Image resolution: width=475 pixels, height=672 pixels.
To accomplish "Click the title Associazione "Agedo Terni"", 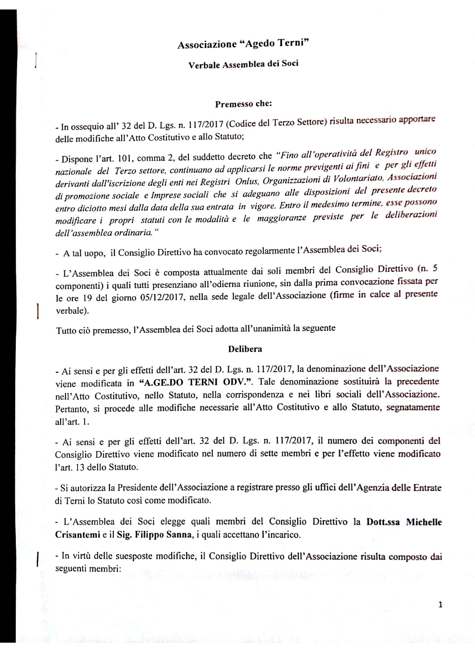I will tap(243, 44).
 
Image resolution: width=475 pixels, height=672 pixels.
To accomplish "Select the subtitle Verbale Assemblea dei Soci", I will tap(243, 64).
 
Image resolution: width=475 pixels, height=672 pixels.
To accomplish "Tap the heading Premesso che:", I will tap(243, 104).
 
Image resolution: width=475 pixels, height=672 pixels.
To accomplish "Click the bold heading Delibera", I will tap(245, 349).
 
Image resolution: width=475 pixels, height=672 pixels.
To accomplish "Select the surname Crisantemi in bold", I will tap(78, 535).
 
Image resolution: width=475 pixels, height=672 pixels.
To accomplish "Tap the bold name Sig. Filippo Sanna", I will tap(155, 535).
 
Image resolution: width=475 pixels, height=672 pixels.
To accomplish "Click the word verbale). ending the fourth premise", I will tap(73, 310).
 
